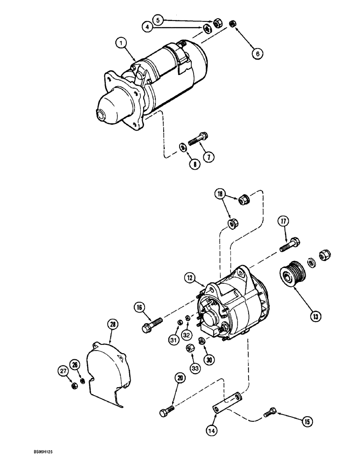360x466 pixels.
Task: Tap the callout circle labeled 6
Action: pyautogui.click(x=256, y=54)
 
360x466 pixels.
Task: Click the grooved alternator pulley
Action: pyautogui.click(x=291, y=275)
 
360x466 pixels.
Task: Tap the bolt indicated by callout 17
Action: pyautogui.click(x=290, y=244)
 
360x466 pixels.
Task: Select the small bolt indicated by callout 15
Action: pyautogui.click(x=269, y=411)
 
